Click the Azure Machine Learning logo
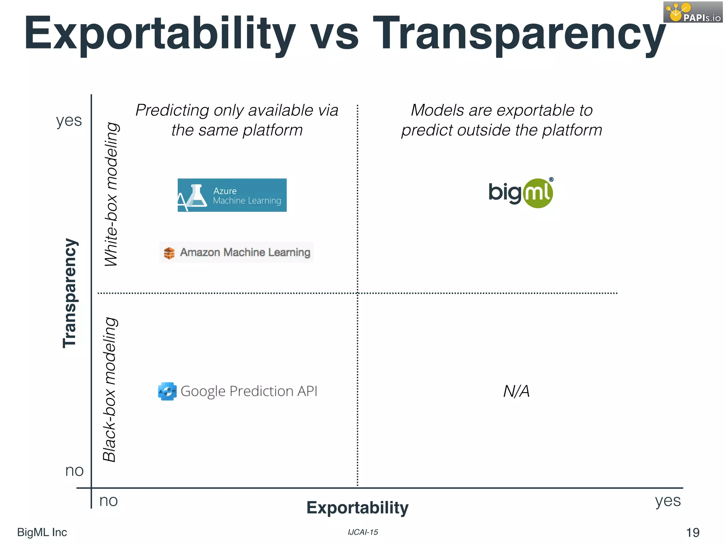(x=232, y=195)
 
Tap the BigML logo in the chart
(x=520, y=193)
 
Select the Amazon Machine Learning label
(x=236, y=252)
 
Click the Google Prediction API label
(x=238, y=391)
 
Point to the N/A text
(x=516, y=391)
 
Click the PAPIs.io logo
(x=693, y=12)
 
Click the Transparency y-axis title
(x=70, y=293)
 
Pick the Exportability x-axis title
(x=357, y=508)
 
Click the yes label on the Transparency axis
(x=69, y=120)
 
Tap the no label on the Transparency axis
(x=74, y=471)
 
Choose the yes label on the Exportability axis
(x=668, y=501)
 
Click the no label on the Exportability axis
(x=108, y=501)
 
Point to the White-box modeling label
(x=112, y=194)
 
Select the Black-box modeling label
(x=110, y=390)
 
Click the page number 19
(x=693, y=532)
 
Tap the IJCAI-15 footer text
(x=363, y=532)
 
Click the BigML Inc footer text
(x=42, y=532)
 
